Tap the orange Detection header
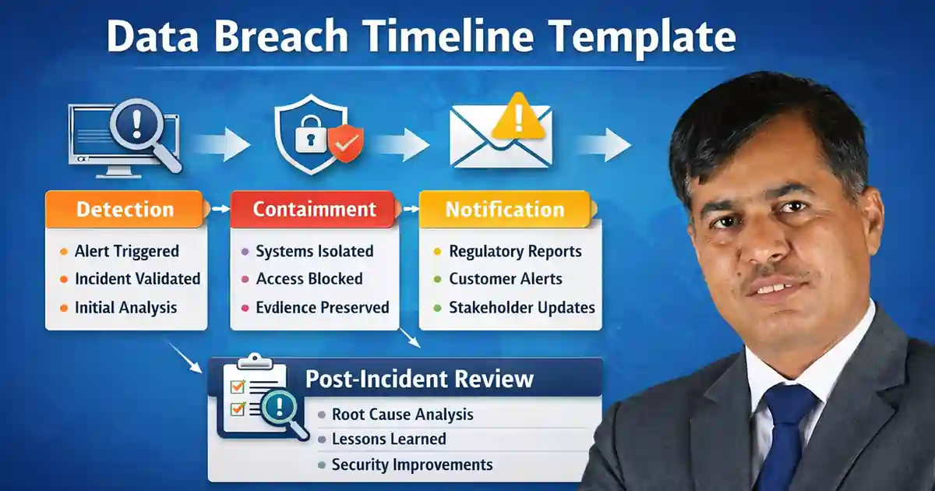click(x=125, y=209)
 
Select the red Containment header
click(x=314, y=209)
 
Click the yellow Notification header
click(x=504, y=209)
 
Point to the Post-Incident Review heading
click(x=419, y=379)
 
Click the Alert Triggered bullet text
click(x=126, y=251)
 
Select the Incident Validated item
click(x=137, y=279)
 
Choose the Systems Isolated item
click(x=314, y=251)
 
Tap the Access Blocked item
click(x=309, y=279)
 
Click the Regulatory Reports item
click(x=515, y=251)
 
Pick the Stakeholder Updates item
click(x=521, y=307)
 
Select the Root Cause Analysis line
click(x=402, y=414)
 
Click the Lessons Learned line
click(x=389, y=439)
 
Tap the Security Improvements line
click(x=412, y=465)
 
